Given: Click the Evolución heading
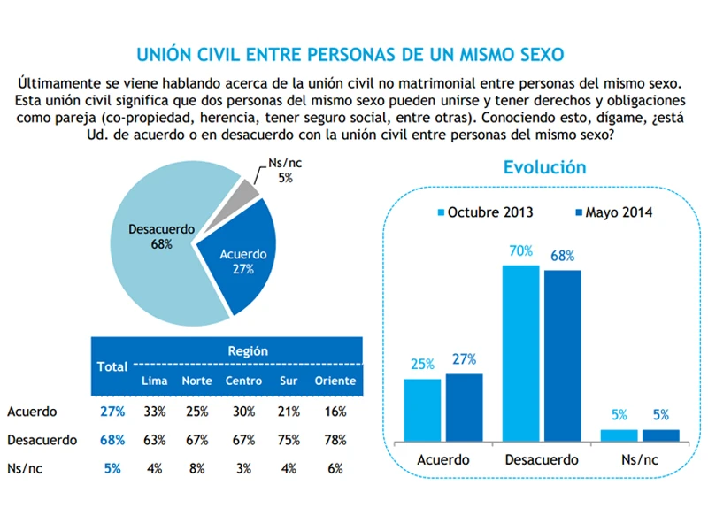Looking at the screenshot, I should [x=544, y=167].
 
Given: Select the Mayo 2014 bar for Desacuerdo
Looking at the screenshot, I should [x=562, y=355].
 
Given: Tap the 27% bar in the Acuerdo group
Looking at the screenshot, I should [x=464, y=406].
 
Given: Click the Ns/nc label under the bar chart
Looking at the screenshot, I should [x=640, y=459].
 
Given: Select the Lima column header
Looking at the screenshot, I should [x=154, y=381].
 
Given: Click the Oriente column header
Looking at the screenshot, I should [x=335, y=381].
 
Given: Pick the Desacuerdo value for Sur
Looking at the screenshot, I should [x=287, y=440].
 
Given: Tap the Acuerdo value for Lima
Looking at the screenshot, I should [x=154, y=412].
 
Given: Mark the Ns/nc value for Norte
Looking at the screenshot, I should [x=196, y=469].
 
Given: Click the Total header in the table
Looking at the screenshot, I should [x=112, y=366].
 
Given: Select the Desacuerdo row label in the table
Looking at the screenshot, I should [x=42, y=440].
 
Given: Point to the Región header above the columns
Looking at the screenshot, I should [x=247, y=350].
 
